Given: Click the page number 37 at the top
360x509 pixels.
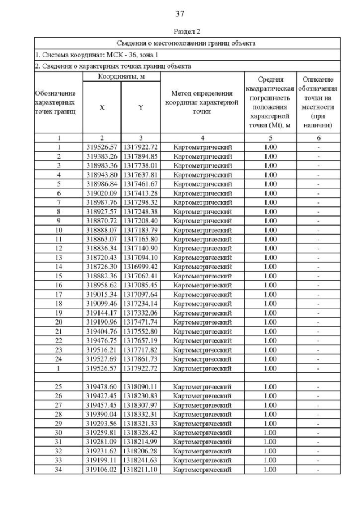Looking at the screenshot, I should [180, 13].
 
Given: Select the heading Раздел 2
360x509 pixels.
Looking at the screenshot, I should [180, 31].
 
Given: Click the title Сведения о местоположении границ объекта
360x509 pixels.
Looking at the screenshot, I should [186, 43].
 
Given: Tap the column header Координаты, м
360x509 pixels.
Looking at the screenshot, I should [121, 76].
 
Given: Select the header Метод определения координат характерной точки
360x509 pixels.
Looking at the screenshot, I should [202, 102].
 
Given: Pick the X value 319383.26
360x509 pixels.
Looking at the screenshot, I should [101, 156].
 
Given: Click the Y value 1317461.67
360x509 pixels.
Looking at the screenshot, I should [141, 183].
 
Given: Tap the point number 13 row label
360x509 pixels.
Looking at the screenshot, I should [58, 256].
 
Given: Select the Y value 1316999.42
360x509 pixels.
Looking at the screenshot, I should [141, 266].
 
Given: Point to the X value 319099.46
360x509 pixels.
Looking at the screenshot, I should [101, 303].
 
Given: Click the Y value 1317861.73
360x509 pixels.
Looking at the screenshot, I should [141, 358].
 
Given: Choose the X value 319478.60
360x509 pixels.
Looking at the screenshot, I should [101, 386].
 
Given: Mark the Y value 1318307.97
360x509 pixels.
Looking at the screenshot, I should [141, 405].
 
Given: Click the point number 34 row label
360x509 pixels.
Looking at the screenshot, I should [58, 469].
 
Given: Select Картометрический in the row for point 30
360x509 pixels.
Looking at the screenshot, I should [202, 433].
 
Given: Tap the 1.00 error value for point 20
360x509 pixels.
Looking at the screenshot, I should [270, 321].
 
